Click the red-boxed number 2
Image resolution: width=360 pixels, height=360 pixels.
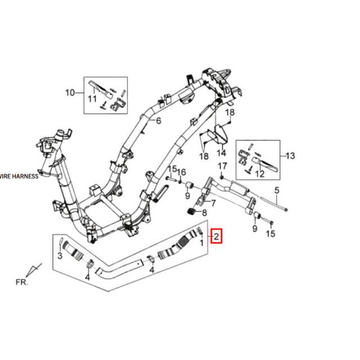pos(216,236)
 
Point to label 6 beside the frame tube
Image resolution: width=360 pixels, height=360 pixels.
pos(159,122)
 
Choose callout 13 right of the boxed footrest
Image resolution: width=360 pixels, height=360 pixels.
pos(290,155)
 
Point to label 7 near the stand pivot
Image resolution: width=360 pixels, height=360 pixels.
pos(213,202)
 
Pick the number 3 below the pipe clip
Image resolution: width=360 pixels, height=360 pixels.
pos(60,256)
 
